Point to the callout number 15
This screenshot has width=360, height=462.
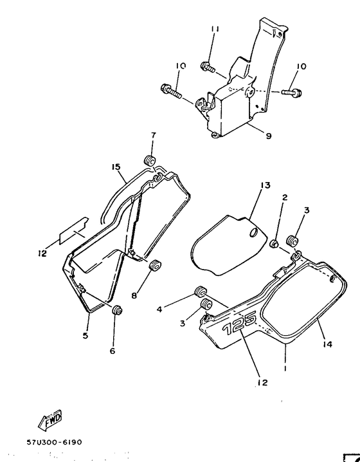click(x=116, y=167)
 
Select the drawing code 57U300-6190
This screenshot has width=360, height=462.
click(x=54, y=443)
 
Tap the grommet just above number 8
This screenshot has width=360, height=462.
click(x=154, y=265)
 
